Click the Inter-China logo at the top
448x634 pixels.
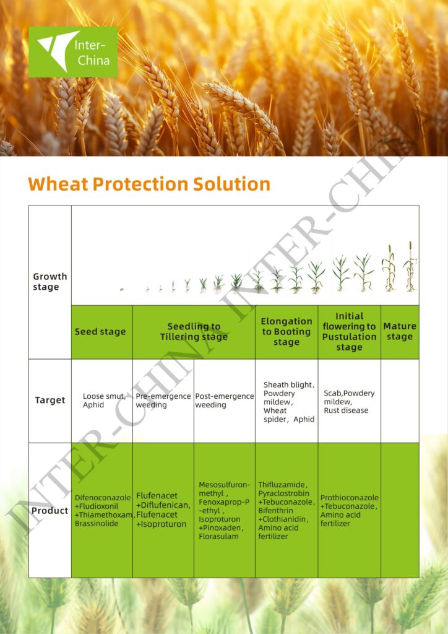(x=73, y=52)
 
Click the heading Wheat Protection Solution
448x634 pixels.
(x=149, y=185)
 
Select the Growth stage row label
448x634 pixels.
(x=50, y=282)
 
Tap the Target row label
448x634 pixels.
(x=50, y=401)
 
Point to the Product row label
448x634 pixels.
(x=50, y=511)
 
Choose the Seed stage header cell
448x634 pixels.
(x=100, y=332)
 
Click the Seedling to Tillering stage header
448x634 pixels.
(x=194, y=332)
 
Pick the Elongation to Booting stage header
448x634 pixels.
(x=286, y=332)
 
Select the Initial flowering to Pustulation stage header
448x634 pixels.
(x=349, y=332)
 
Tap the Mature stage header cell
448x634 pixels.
(x=399, y=332)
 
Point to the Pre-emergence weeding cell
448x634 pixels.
(x=162, y=401)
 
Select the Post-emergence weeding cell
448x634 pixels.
(x=224, y=401)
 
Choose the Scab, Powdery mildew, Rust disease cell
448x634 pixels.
(x=348, y=402)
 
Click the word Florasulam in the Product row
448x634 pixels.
(x=218, y=537)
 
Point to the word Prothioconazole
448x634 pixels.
(x=349, y=498)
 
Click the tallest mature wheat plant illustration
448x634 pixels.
(x=410, y=267)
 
